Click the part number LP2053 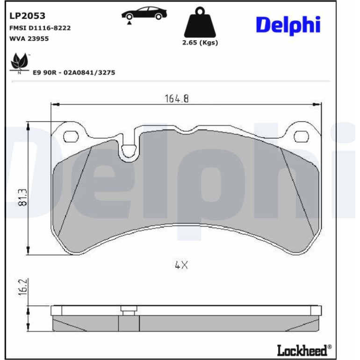coord(27,16)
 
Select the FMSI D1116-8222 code coord(40,28)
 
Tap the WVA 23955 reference coord(29,38)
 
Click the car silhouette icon coord(144,13)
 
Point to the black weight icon coord(200,22)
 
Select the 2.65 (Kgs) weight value coord(200,43)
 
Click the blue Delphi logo coord(288,25)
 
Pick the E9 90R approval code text coord(74,72)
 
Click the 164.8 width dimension coord(177,99)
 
